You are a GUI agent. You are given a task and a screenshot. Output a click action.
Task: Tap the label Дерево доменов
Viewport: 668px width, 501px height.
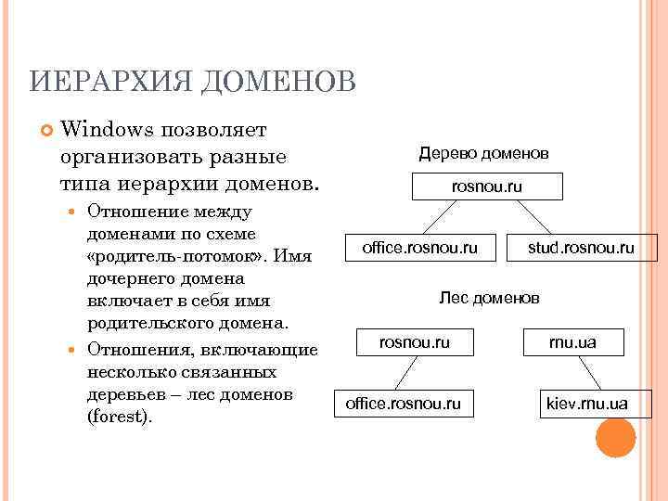point(483,152)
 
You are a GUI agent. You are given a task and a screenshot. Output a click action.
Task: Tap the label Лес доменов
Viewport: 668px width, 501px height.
point(489,298)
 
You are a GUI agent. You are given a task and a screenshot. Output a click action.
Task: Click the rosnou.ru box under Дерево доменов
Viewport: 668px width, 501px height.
point(487,187)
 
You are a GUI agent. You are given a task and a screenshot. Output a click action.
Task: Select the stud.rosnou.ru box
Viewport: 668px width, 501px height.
point(581,248)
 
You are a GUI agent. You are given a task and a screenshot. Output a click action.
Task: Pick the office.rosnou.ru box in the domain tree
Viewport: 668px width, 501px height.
point(420,248)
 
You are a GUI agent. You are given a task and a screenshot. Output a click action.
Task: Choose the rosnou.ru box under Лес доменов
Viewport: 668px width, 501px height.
point(415,343)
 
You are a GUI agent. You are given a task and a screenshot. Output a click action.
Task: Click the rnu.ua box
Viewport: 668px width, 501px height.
point(572,343)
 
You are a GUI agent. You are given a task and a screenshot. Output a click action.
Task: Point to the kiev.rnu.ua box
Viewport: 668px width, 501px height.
point(587,404)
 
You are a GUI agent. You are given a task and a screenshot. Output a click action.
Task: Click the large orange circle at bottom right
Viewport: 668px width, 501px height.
point(615,437)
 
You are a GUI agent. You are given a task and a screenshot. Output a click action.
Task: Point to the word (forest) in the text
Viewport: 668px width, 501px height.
point(119,417)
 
